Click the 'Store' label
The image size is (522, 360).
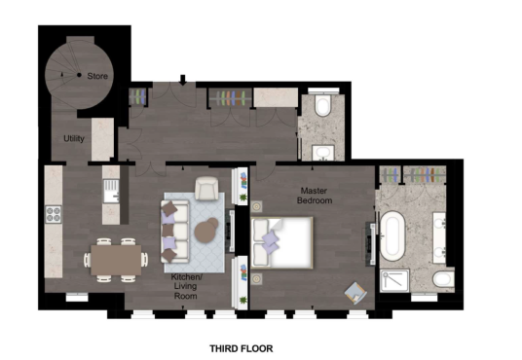(97, 76)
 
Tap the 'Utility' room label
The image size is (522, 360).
(74, 138)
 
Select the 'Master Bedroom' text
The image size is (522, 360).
(315, 196)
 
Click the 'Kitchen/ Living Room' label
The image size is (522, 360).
(186, 286)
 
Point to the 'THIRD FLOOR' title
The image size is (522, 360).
(242, 348)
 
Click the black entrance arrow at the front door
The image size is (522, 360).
(183, 80)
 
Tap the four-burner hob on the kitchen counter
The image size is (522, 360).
(54, 214)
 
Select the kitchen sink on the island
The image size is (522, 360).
(111, 191)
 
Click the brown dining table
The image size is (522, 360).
(116, 260)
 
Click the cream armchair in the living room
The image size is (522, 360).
(206, 189)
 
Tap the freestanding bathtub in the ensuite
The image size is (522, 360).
(392, 236)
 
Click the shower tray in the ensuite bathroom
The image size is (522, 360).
(394, 281)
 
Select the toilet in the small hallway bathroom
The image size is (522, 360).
(322, 104)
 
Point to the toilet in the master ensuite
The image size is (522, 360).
(444, 279)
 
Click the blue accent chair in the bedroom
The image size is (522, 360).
(355, 293)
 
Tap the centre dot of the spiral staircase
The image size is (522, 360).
(79, 75)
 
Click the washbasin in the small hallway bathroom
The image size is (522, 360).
(323, 153)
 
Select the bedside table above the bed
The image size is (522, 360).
(256, 206)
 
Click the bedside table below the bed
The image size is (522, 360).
(256, 279)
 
